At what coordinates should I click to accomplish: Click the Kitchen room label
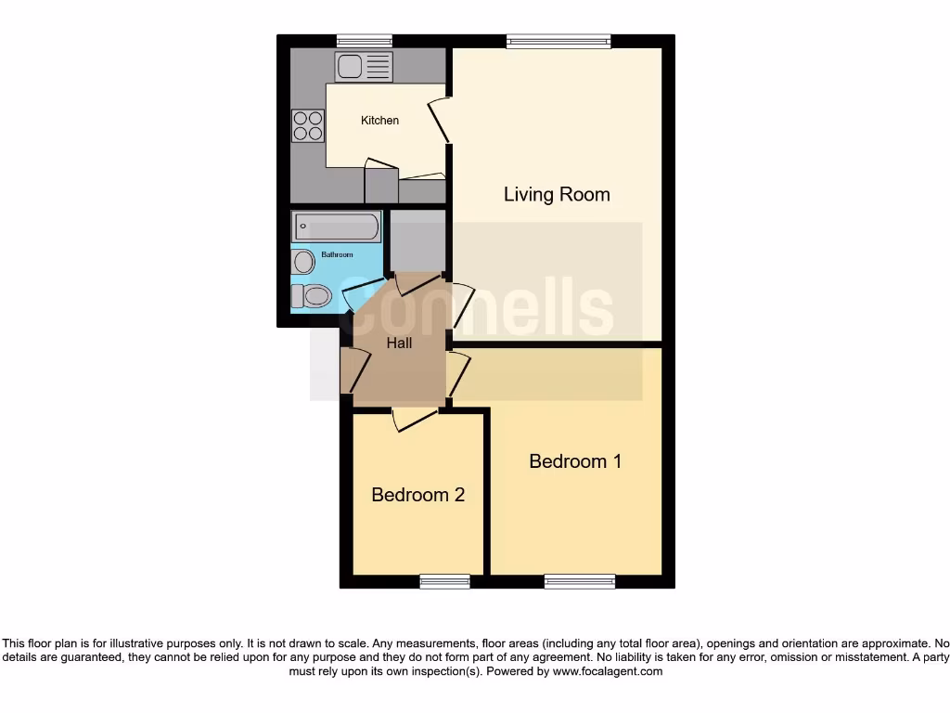pyautogui.click(x=379, y=121)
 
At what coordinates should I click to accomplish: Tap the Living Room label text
pyautogui.click(x=557, y=194)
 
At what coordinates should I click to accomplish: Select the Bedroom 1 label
pyautogui.click(x=575, y=460)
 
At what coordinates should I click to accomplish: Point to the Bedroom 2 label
pyautogui.click(x=417, y=495)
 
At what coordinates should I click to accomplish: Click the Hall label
pyautogui.click(x=399, y=343)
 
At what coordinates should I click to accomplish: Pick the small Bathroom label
pyautogui.click(x=337, y=254)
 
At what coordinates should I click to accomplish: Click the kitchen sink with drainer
pyautogui.click(x=365, y=66)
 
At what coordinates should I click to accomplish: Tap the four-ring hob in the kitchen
pyautogui.click(x=308, y=125)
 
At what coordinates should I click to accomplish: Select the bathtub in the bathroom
pyautogui.click(x=337, y=227)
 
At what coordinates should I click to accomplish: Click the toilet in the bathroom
pyautogui.click(x=312, y=296)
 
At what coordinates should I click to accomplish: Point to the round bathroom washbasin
pyautogui.click(x=304, y=262)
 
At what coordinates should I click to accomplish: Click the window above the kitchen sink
pyautogui.click(x=364, y=40)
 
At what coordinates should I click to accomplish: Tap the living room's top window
pyautogui.click(x=558, y=40)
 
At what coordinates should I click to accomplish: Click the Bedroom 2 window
pyautogui.click(x=444, y=582)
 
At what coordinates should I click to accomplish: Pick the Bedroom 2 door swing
pyautogui.click(x=415, y=419)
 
